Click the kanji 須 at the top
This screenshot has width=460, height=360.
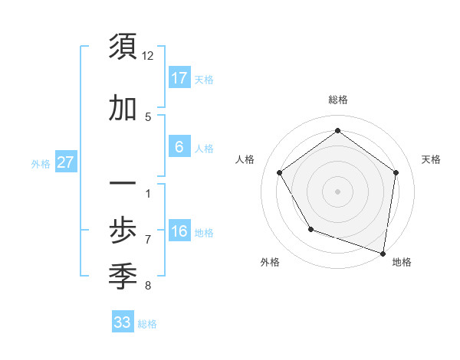123,47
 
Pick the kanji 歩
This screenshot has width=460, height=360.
123,230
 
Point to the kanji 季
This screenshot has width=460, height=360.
123,273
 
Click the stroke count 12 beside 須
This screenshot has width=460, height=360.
148,56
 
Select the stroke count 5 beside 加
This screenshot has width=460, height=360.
148,117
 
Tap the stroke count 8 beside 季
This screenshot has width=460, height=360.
148,286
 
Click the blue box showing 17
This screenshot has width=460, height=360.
179,78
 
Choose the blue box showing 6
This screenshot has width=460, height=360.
179,147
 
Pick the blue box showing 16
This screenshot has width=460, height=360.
179,231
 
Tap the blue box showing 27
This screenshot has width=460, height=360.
65,162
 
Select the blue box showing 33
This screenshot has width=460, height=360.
122,322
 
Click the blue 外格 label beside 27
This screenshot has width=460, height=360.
41,163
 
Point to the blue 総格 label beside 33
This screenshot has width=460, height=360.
147,323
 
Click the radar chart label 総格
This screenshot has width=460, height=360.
337,100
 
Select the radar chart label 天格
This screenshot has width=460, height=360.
431,159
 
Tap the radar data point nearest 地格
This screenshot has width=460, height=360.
383,252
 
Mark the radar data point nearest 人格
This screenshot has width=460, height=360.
280,172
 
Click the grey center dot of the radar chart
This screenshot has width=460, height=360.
337,191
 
